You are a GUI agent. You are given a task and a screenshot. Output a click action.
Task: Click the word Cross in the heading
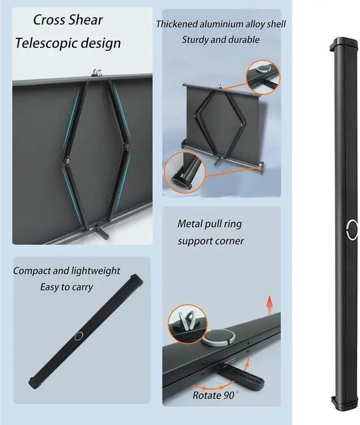pyautogui.click(x=49, y=20)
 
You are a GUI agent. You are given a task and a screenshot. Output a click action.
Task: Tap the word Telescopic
pyautogui.click(x=44, y=42)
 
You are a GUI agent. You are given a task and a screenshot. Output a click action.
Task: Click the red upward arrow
pyautogui.click(x=270, y=306)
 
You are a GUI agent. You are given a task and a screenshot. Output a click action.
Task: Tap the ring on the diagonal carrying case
pyautogui.click(x=78, y=337)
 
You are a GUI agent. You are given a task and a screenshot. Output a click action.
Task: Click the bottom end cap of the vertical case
pyautogui.click(x=344, y=399)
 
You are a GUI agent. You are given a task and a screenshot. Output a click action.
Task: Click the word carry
pyautogui.click(x=82, y=287)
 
